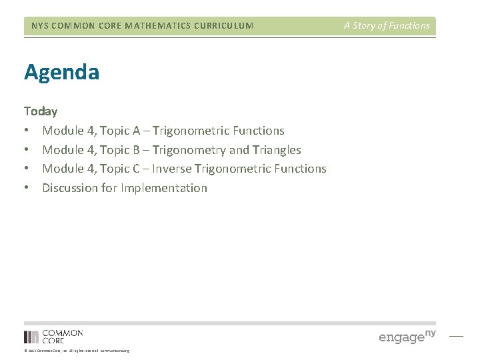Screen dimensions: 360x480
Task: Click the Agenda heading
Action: pyautogui.click(x=62, y=72)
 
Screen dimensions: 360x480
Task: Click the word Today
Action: pyautogui.click(x=41, y=111)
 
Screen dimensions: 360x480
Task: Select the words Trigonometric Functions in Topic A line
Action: pyautogui.click(x=218, y=131)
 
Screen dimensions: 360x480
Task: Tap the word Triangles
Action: pyautogui.click(x=277, y=150)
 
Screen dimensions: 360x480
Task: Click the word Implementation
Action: pyautogui.click(x=164, y=188)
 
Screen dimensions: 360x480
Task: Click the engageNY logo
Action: pyautogui.click(x=407, y=336)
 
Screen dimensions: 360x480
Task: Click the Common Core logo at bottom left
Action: pyautogui.click(x=53, y=337)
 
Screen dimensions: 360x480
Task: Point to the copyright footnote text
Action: pyautogui.click(x=77, y=351)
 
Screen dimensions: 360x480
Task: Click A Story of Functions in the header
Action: pyautogui.click(x=387, y=26)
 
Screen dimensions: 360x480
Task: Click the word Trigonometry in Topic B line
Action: pyautogui.click(x=189, y=150)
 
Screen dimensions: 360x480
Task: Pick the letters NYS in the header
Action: pyautogui.click(x=40, y=26)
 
